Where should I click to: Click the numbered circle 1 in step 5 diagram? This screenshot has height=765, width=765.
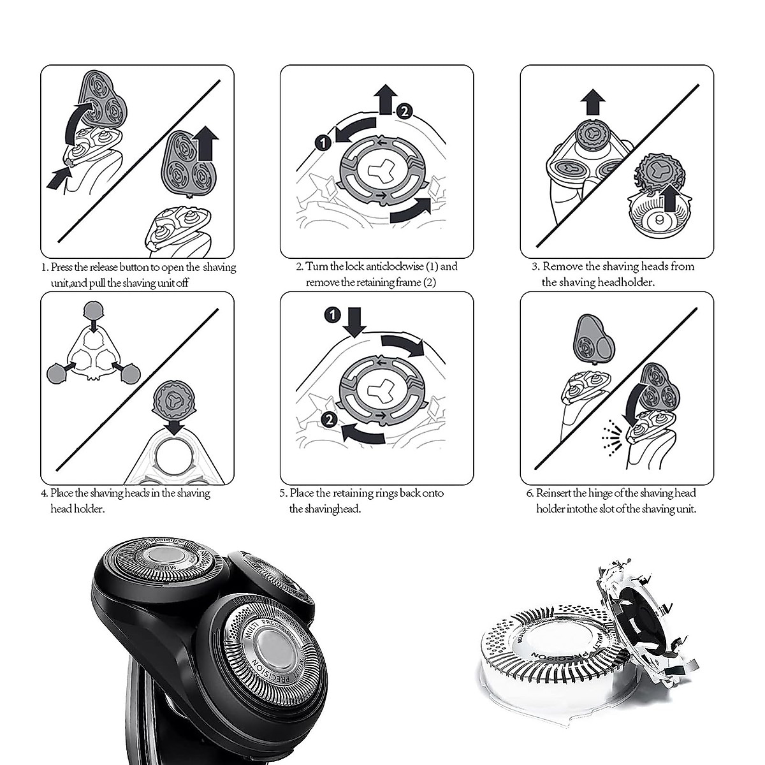click(331, 314)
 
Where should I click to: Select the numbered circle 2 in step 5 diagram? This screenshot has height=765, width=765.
click(329, 419)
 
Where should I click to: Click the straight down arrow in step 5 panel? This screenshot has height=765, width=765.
click(355, 321)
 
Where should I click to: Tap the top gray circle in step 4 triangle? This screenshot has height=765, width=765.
click(94, 312)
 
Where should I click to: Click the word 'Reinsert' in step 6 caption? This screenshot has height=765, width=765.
click(553, 493)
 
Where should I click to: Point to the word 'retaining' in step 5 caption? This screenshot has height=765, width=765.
click(362, 493)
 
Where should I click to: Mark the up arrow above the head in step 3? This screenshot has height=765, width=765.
click(594, 102)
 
